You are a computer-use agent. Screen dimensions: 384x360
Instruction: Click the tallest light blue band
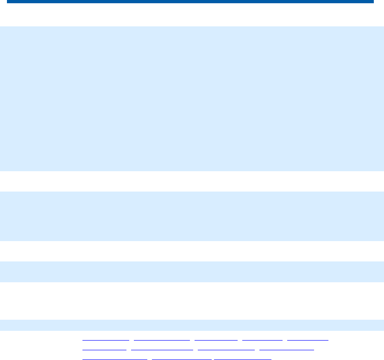(192, 99)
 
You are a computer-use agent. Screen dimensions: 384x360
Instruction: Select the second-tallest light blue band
(192, 216)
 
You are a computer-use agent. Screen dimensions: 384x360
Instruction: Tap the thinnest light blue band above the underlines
(192, 325)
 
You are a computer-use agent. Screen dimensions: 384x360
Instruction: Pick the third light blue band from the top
(192, 272)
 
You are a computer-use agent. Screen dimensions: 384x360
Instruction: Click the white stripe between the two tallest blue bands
(192, 181)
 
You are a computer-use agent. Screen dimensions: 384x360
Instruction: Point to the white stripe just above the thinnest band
(192, 301)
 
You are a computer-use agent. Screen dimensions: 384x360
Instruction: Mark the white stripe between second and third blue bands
(192, 251)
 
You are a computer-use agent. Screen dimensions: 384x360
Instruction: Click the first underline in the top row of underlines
(106, 340)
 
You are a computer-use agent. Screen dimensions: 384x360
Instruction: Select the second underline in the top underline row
(162, 340)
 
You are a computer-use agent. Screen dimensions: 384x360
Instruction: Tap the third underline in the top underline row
(216, 340)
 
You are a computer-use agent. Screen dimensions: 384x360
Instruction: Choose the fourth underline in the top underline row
(262, 340)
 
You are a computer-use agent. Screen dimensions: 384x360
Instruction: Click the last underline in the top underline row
(308, 340)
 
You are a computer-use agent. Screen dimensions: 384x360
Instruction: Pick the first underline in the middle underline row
(104, 349)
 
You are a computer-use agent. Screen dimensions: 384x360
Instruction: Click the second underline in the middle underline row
(162, 349)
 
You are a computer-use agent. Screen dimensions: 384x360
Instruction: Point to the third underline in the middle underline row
(226, 349)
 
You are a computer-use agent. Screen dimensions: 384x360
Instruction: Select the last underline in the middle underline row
(286, 349)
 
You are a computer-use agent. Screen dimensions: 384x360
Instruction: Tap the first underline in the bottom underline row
(115, 359)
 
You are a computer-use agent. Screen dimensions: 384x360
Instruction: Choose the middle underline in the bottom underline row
(182, 359)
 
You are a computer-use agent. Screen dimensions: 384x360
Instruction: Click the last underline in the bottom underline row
(242, 359)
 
